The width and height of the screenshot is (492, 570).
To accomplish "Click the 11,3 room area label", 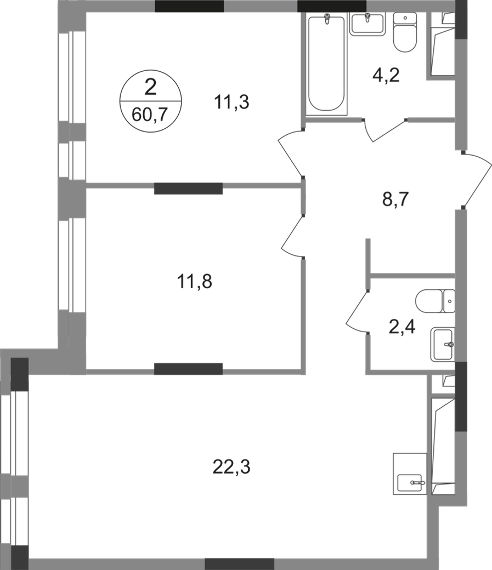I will click(x=232, y=102).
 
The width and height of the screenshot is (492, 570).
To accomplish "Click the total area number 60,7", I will click(x=150, y=116).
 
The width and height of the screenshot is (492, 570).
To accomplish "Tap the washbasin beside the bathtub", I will click(x=369, y=25).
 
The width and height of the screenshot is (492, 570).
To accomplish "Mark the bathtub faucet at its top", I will click(x=327, y=20).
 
